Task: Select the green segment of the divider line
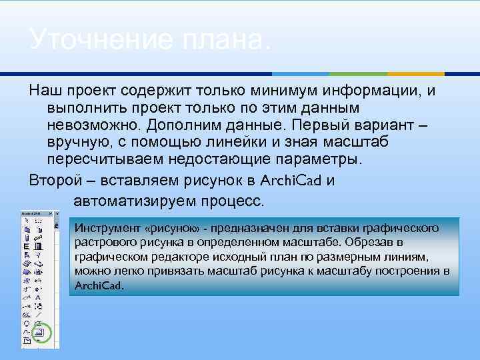click(360, 73)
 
